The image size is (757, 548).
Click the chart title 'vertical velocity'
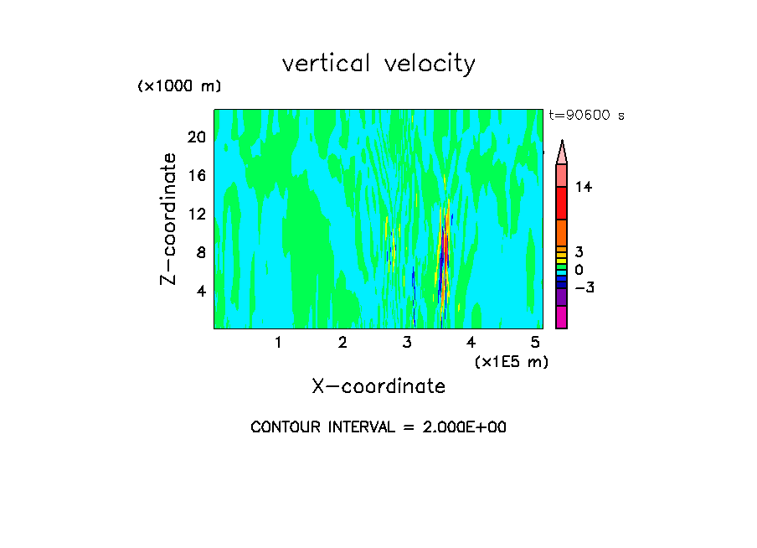coord(378,64)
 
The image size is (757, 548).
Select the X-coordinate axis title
coord(378,386)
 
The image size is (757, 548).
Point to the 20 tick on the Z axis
coord(196,137)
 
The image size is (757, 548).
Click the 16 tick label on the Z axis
coord(196,175)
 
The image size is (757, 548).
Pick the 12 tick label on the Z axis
coord(196,214)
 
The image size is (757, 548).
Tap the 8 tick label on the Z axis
coord(200,252)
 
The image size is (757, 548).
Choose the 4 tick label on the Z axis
coord(200,291)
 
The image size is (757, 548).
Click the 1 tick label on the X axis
coord(278,342)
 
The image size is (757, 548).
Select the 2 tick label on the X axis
coord(342,342)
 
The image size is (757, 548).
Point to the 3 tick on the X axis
coord(407,342)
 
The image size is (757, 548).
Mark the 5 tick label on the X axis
coord(535,342)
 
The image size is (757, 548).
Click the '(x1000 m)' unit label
coord(179,87)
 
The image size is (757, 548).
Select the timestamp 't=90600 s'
coord(587,116)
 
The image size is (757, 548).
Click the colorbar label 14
coord(584,188)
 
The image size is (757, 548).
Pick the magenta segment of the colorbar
coord(561,318)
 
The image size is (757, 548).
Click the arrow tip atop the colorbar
coord(562,144)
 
